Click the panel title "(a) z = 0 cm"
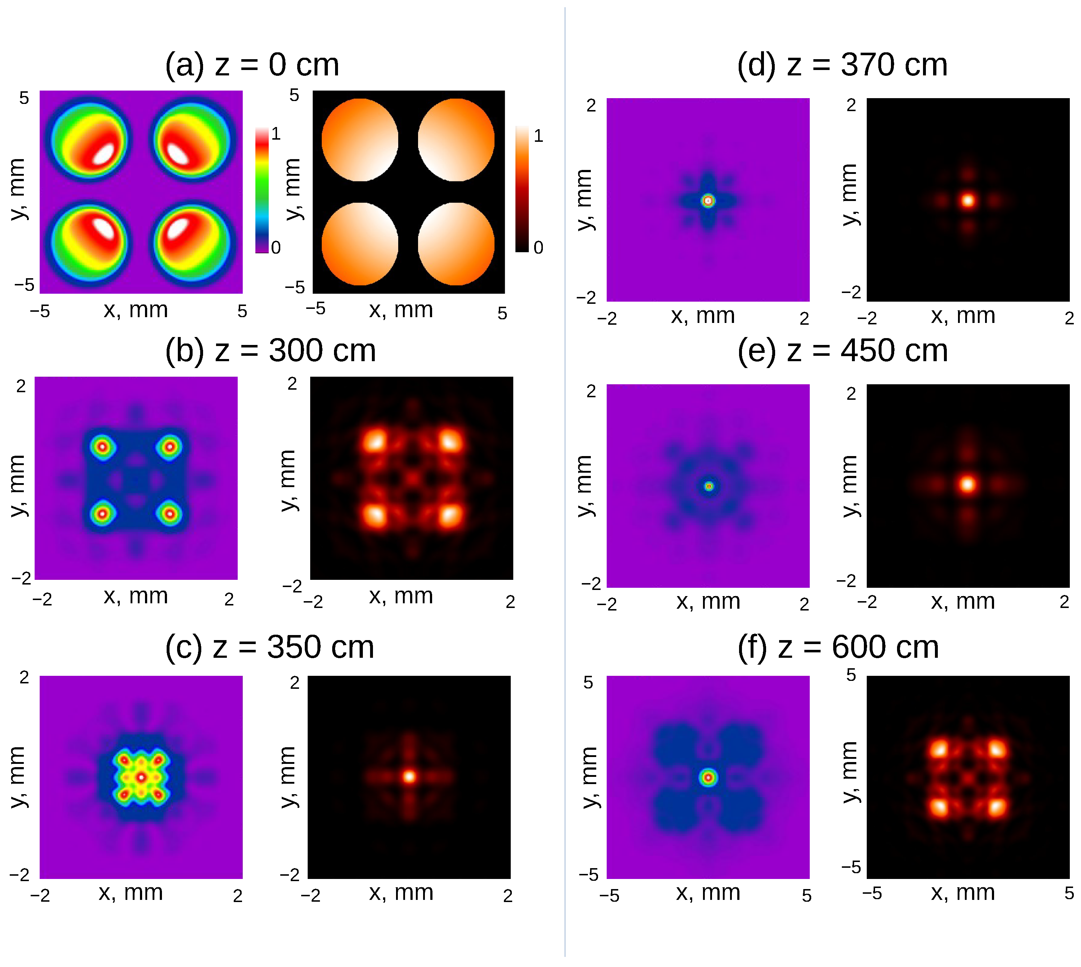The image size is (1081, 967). click(x=252, y=65)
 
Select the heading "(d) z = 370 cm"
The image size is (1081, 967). click(x=841, y=65)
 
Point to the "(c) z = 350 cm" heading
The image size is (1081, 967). click(x=269, y=647)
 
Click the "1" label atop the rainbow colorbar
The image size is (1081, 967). click(x=276, y=134)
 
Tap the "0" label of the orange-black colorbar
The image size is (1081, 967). click(x=538, y=248)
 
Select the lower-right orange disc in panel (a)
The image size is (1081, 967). click(x=456, y=244)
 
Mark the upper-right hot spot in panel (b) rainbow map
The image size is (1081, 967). click(x=170, y=447)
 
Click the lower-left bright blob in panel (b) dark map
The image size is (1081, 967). click(x=375, y=514)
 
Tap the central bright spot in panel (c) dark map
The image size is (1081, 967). click(x=409, y=777)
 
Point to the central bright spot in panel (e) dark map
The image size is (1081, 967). click(x=967, y=484)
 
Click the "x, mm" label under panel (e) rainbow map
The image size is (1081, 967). click(x=708, y=601)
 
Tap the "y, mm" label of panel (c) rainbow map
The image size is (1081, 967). click(x=18, y=777)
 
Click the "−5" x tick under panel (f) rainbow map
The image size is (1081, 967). click(x=609, y=896)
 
